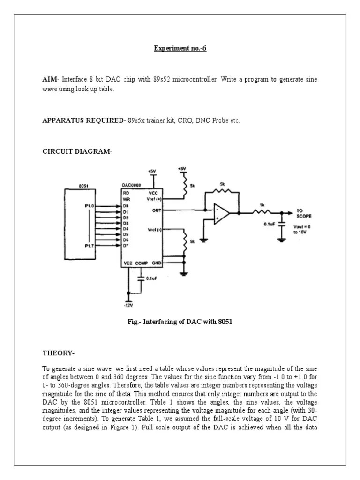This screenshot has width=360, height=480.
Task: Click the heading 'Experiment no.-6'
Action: (x=180, y=48)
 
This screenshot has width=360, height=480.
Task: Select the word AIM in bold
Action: (x=49, y=80)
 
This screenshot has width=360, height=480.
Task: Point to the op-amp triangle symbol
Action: (x=222, y=213)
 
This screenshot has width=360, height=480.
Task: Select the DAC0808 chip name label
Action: (x=131, y=186)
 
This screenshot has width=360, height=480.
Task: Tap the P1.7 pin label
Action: (x=90, y=245)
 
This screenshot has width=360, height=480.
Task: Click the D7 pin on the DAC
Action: (x=126, y=245)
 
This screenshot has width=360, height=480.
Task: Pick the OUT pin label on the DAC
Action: (x=157, y=211)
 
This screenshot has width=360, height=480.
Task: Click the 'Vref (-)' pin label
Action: (x=154, y=229)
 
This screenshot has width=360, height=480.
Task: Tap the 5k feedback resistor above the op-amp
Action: (x=222, y=189)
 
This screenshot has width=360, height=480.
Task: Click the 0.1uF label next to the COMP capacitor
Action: (x=151, y=278)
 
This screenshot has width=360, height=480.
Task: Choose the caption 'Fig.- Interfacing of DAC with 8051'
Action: (x=180, y=322)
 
